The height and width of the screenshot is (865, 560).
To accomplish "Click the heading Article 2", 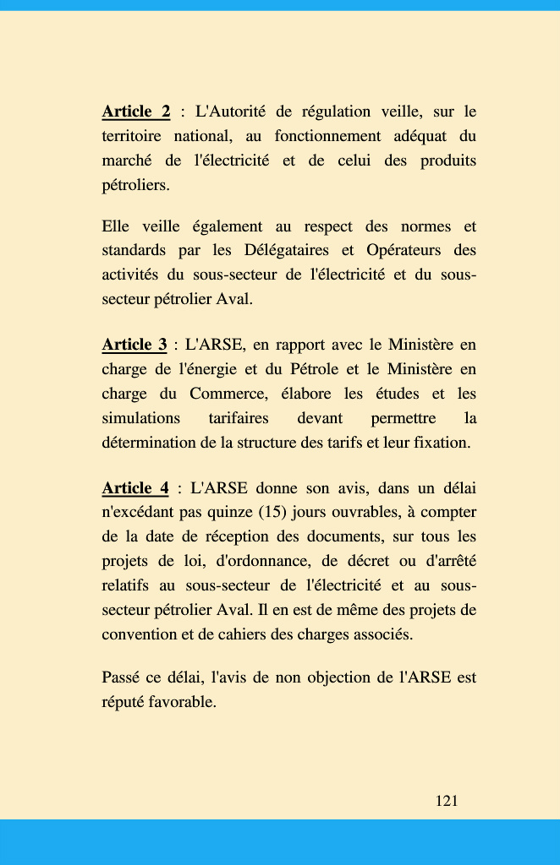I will coord(135,112).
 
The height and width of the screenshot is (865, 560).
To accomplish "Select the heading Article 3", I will coord(134,345).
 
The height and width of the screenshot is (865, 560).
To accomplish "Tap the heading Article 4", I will coord(135,488).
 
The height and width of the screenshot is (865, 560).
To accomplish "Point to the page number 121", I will coord(447,801).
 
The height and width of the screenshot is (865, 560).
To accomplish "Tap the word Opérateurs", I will coord(404,251).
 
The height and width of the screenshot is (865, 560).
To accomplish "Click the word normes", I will coord(398,226).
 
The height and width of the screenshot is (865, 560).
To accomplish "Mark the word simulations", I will coord(140,418).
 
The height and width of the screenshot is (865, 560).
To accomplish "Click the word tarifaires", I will coord(238,418).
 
